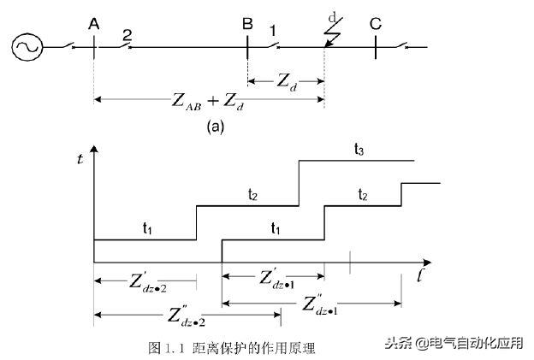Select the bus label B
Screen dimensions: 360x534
[246, 24]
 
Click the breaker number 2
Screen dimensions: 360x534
[127, 34]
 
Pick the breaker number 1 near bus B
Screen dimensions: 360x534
[272, 32]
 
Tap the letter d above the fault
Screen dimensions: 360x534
[333, 16]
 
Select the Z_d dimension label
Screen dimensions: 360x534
[287, 81]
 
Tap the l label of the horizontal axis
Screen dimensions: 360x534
[423, 275]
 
